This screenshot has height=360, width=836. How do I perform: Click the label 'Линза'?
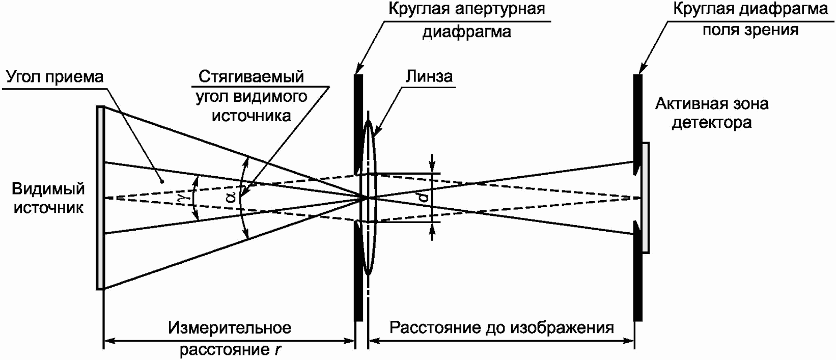429,76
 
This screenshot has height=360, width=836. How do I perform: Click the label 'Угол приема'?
55,77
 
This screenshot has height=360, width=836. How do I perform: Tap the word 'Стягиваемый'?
251,76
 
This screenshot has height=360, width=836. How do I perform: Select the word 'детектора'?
712,123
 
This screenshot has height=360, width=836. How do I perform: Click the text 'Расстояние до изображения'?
501,327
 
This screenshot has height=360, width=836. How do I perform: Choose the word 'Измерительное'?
230,327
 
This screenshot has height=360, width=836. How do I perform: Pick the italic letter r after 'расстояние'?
277,350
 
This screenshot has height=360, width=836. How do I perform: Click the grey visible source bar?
100,198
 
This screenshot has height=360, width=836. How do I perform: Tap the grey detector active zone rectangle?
645,198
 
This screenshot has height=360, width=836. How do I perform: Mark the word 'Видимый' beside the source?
48,189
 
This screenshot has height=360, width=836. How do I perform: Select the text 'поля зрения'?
750,30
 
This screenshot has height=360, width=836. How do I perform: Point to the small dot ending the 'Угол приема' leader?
162,181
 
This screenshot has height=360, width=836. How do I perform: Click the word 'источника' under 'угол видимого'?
251,116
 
